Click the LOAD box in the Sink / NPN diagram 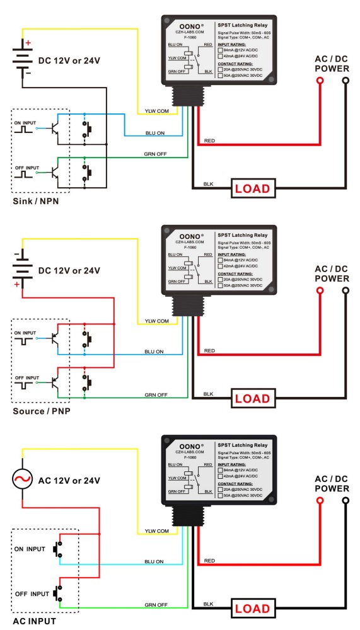coord(253,188)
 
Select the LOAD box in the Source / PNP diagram coord(253,398)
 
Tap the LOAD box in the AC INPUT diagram coord(253,609)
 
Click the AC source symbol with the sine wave coord(23,481)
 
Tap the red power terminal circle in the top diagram coord(320,81)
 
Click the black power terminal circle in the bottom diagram coord(345,501)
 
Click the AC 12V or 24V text coord(69,481)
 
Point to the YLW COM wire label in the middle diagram coord(157,321)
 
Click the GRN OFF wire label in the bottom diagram coord(157,605)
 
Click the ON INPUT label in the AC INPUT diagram coord(30,549)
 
